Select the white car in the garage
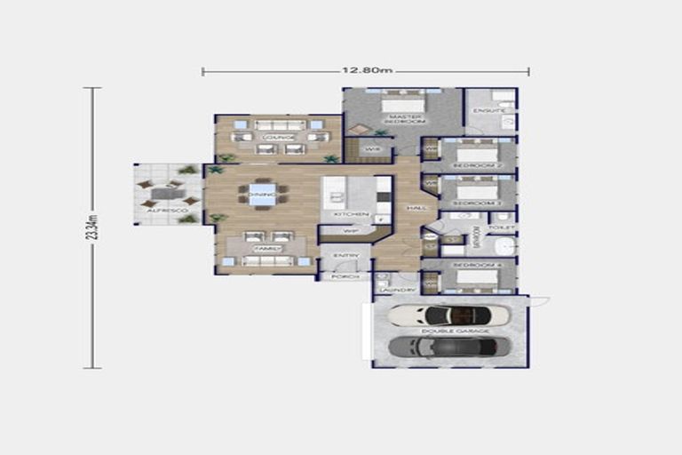(450, 315)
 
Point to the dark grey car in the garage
(449, 346)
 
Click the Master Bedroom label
(403, 119)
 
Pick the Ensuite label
(489, 111)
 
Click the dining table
(262, 194)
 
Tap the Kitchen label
(345, 215)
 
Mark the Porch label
(344, 277)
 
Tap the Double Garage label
(450, 331)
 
